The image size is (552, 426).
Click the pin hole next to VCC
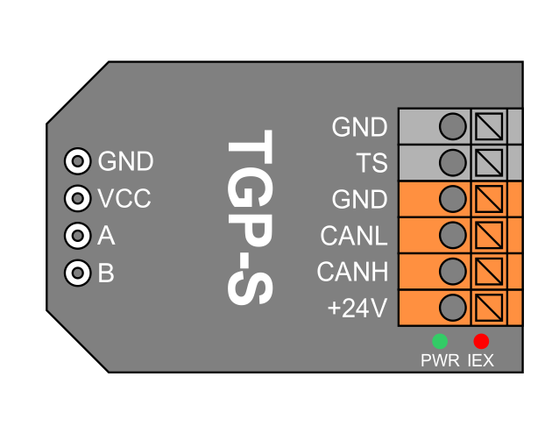coord(78,199)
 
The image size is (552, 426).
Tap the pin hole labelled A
coord(78,236)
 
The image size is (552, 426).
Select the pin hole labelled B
coord(78,273)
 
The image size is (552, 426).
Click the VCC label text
coord(124,199)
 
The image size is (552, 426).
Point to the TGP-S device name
coord(250,218)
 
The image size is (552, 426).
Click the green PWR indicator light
coord(440,341)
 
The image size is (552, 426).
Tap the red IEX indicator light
coord(481,341)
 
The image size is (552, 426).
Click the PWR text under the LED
coord(440,360)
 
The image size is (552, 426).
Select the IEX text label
coord(481,360)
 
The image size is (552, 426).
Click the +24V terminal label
coord(357,309)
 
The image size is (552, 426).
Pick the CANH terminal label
coord(352,273)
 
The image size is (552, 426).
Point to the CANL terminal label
coord(354,236)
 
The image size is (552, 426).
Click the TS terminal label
coord(372,163)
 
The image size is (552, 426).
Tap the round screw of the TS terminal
coord(452,162)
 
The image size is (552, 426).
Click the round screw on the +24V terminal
coord(452,308)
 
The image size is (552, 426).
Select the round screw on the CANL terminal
coord(452,235)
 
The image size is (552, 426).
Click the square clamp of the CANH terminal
coord(489,271)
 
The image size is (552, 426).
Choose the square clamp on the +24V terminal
coord(489,308)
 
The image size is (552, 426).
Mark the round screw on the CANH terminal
coord(452,271)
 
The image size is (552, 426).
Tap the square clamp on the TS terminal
coord(489,162)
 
